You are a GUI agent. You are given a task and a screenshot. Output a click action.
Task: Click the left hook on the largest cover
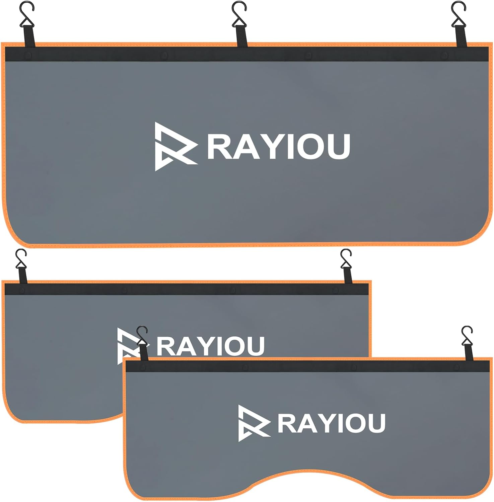[x=27, y=13]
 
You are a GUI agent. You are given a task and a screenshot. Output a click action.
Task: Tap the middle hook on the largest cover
[x=239, y=13]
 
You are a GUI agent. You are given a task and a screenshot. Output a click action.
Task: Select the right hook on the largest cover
[x=458, y=13]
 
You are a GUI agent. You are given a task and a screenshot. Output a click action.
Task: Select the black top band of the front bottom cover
[x=301, y=366]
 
